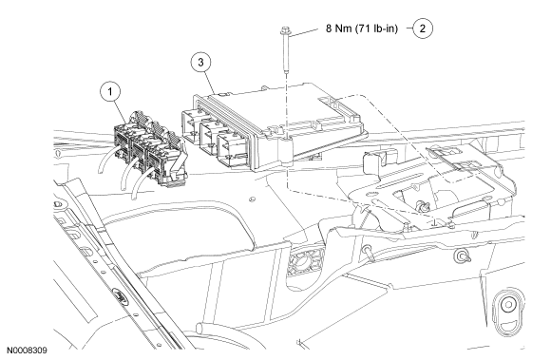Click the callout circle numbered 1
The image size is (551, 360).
point(110,92)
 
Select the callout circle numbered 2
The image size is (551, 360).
point(422,28)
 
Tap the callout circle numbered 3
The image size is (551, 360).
point(200,62)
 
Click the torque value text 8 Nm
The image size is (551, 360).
point(338,28)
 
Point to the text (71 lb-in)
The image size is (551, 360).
point(377,28)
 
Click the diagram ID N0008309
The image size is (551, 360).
point(27,351)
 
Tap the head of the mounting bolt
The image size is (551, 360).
point(284,30)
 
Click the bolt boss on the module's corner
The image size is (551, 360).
point(286,151)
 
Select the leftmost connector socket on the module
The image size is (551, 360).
point(192,126)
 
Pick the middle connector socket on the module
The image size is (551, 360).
point(209,136)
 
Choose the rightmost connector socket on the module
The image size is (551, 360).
point(228,148)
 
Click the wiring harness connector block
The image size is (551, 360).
point(150,150)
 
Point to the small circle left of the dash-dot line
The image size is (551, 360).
point(252,199)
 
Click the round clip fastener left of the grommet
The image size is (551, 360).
point(462,256)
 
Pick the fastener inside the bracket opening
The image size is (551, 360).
point(422,207)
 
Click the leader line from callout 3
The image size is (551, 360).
point(210,83)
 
